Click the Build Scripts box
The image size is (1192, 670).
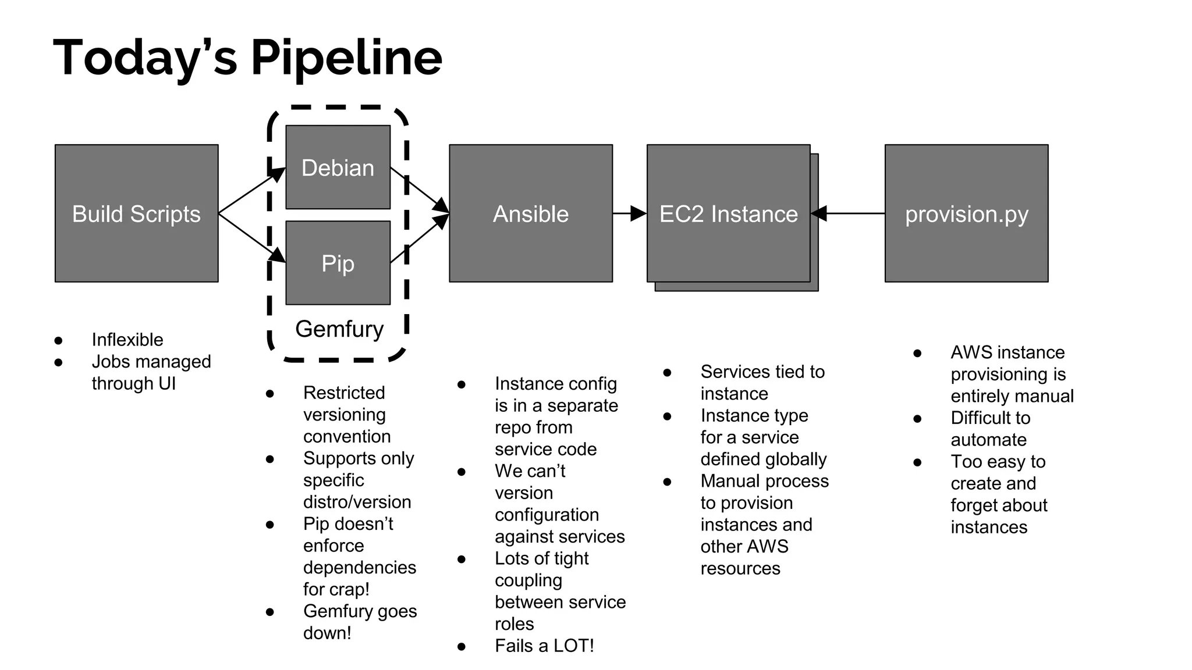point(136,213)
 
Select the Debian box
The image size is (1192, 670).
point(338,167)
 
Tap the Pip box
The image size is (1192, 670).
point(338,263)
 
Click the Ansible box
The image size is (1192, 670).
point(530,213)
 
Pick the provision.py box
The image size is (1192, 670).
point(966,213)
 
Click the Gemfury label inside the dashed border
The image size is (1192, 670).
point(339,329)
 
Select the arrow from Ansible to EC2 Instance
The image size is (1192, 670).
point(629,213)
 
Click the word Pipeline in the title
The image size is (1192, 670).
point(346,58)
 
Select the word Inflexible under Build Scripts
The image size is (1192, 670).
point(127,340)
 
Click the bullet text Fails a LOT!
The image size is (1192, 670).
point(544,646)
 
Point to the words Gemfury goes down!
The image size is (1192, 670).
point(360,621)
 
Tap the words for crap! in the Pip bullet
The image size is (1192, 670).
point(336,589)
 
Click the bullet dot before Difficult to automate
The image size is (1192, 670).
point(917,419)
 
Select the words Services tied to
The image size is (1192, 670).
point(762,372)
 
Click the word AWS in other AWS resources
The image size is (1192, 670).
point(768,547)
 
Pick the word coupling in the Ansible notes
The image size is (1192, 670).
point(528,580)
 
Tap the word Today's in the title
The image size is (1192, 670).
point(146,58)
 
